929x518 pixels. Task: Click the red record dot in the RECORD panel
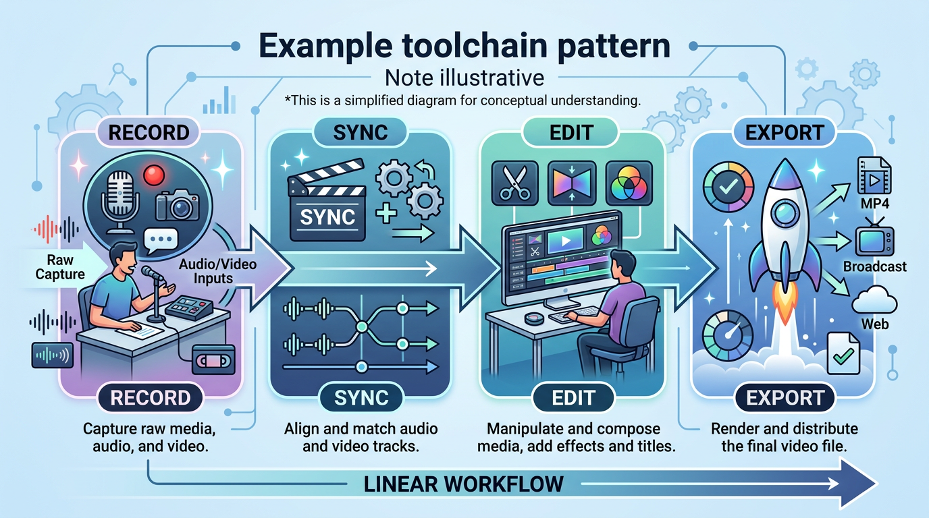tap(154, 177)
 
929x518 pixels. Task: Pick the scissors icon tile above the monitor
tap(515, 182)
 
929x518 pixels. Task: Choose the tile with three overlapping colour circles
tap(629, 182)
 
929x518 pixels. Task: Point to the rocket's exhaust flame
tap(784, 308)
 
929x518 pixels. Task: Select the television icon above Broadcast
tap(874, 239)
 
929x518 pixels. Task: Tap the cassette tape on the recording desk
tap(212, 359)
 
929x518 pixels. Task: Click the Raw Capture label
tap(65, 266)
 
